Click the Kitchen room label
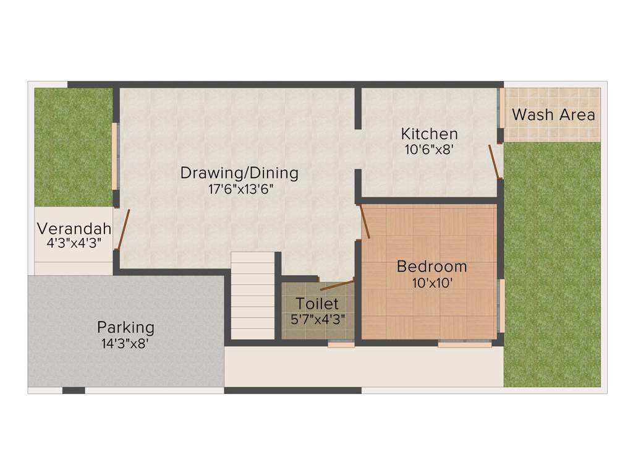coord(429,134)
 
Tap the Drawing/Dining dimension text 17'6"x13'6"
coord(240,189)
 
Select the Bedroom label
coord(431,267)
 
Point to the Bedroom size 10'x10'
coord(432,283)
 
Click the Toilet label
coord(317,304)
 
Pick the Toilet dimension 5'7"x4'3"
coord(318,319)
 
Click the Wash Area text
coord(553,115)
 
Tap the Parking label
coord(125,327)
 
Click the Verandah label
coord(74,228)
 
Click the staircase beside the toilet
coord(253,296)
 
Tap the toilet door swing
coord(337,285)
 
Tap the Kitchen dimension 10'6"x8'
coord(429,149)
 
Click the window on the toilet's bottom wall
coord(341,345)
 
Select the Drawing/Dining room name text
coord(239,173)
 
